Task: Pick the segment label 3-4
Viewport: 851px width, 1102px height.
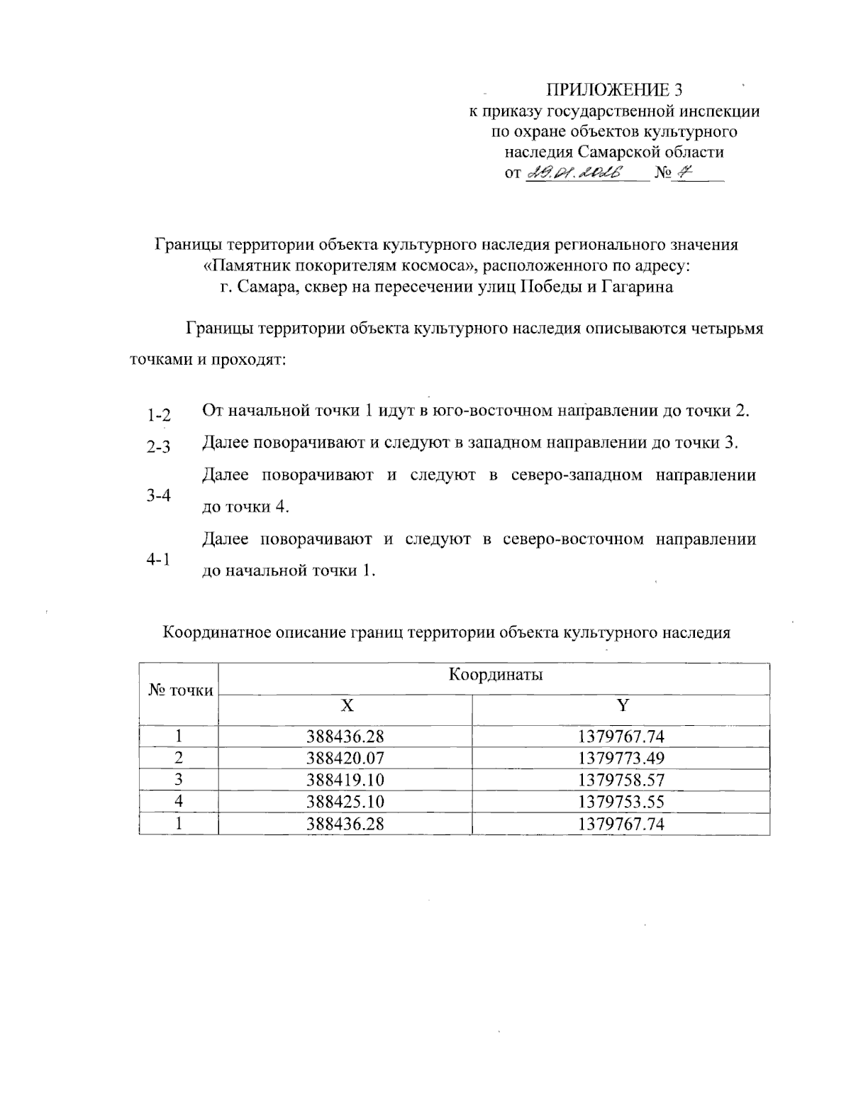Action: click(x=159, y=495)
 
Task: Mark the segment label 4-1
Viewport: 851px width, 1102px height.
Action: click(x=159, y=560)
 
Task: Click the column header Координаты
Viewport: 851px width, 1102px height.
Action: click(x=496, y=674)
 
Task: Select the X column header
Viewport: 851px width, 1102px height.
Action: click(x=345, y=705)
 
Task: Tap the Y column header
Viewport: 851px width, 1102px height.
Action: click(x=621, y=705)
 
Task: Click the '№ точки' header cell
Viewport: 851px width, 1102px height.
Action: click(x=180, y=690)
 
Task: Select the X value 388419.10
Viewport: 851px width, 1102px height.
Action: click(x=345, y=780)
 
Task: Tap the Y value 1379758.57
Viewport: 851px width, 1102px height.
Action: click(x=621, y=780)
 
